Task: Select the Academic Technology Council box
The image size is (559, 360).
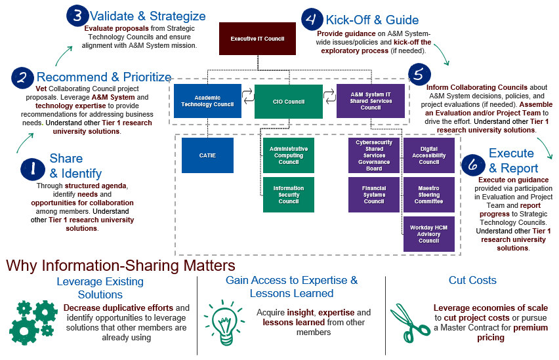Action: pos(207,101)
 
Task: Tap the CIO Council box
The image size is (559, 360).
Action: pos(289,101)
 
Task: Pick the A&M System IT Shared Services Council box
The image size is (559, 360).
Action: pos(371,101)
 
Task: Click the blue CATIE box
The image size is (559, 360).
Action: pos(207,155)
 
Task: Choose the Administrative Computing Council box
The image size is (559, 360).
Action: pos(289,155)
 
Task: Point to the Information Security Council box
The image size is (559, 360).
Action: pos(289,195)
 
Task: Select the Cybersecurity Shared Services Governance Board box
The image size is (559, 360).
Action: pos(374,155)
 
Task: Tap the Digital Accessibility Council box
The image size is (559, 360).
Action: pos(429,155)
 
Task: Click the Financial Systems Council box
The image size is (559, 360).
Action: pos(374,195)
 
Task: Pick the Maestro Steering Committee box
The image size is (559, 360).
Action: pos(429,195)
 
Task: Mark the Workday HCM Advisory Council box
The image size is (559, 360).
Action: pos(429,233)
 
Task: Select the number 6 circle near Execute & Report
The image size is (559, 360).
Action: pos(472,165)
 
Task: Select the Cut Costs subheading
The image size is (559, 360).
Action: pos(472,280)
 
